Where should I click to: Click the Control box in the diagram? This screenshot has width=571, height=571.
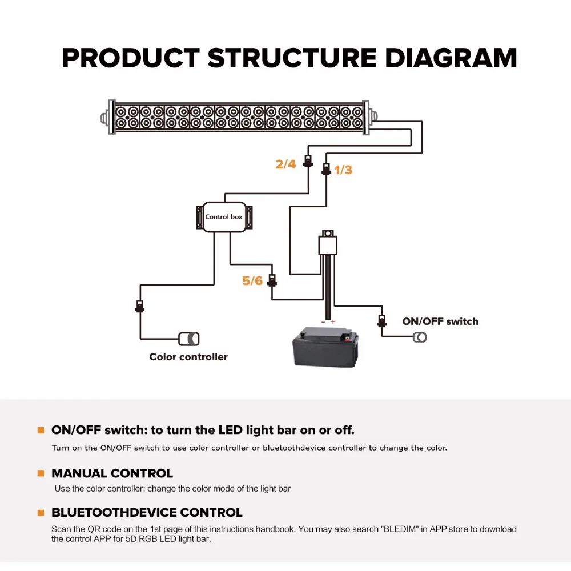point(224,217)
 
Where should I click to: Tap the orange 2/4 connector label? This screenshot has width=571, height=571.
point(285,164)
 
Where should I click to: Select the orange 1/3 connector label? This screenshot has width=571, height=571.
point(343,170)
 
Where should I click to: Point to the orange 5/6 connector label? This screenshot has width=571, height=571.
point(252,281)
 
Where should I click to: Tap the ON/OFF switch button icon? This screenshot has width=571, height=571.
point(420,337)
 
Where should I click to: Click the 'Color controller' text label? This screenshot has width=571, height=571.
point(188,357)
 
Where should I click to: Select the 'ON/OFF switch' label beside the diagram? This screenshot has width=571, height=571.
point(440,321)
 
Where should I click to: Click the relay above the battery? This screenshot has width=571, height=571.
point(327,244)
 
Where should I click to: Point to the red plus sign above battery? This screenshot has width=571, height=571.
point(333,322)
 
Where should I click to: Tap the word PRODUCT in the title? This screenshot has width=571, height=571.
point(130,58)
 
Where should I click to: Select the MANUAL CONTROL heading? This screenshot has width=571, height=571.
point(112,473)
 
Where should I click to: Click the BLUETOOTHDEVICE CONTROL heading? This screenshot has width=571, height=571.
point(147,513)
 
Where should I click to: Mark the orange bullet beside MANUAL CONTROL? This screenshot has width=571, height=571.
point(41,473)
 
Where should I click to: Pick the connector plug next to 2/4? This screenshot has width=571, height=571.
point(308,161)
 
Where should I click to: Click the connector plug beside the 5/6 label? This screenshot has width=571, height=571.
point(272,280)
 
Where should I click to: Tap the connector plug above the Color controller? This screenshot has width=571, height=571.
point(139,306)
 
